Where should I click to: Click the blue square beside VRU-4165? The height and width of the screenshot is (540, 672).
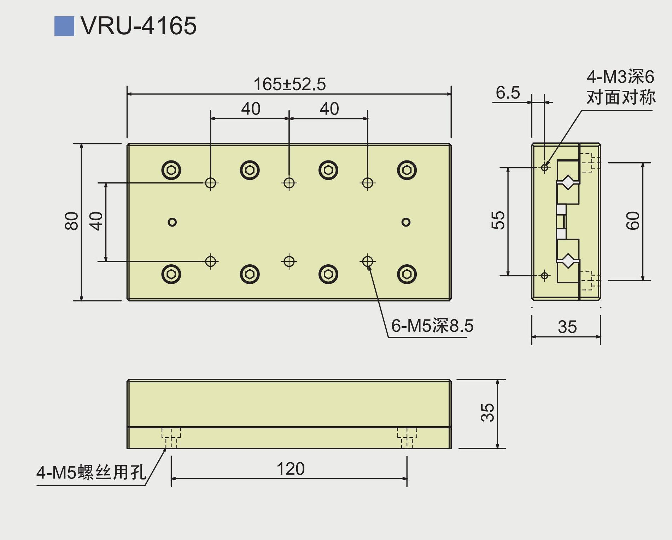(x=64, y=26)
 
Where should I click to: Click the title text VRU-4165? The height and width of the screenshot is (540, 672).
(x=138, y=26)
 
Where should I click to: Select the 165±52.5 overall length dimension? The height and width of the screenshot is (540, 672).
(x=290, y=84)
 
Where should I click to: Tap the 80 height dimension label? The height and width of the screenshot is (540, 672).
(x=71, y=221)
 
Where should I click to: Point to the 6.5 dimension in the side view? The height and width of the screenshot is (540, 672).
(x=508, y=93)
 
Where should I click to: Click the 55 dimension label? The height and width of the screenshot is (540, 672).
(x=498, y=221)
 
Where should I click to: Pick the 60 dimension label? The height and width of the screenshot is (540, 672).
(x=633, y=221)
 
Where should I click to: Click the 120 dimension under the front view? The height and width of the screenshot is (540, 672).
(x=290, y=469)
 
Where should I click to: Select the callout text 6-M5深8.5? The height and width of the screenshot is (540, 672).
(x=432, y=325)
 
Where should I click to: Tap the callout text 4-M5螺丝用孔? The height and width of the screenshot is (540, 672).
(x=91, y=472)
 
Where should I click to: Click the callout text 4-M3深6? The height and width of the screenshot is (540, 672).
(x=620, y=77)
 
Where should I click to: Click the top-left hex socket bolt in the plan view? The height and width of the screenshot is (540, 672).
(x=171, y=170)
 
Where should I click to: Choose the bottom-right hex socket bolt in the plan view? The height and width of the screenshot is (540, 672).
(x=407, y=274)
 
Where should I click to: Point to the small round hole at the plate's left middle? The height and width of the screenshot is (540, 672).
(x=172, y=222)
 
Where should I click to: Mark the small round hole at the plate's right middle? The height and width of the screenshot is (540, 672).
(x=406, y=222)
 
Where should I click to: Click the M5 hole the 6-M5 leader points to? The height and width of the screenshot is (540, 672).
(x=368, y=262)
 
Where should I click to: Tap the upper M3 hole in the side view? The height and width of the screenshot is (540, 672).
(x=545, y=167)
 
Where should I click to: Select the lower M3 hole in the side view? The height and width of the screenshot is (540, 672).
(x=545, y=275)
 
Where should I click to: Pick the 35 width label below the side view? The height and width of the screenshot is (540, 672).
(x=567, y=327)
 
